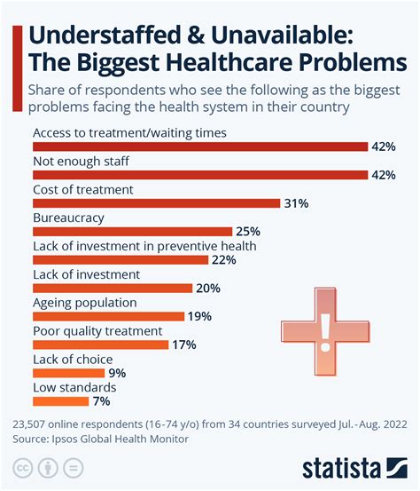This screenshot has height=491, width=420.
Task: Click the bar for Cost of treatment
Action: pyautogui.click(x=156, y=203)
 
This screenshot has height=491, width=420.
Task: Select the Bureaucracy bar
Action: pyautogui.click(x=132, y=232)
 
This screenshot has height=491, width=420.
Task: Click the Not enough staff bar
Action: pyautogui.click(x=200, y=175)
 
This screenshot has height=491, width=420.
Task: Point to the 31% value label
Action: pyautogui.click(x=296, y=203)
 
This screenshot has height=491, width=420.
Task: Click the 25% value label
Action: pyautogui.click(x=248, y=232)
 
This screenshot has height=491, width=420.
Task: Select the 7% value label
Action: pyautogui.click(x=101, y=401)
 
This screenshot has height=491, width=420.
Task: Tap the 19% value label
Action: pyautogui.click(x=199, y=316)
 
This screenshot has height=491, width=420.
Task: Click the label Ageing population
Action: pyautogui.click(x=85, y=302)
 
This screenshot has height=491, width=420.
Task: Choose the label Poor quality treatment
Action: pyautogui.click(x=97, y=330)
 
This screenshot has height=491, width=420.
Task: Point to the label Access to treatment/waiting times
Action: pyautogui.click(x=129, y=133)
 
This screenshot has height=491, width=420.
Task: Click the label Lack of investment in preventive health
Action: pyautogui.click(x=144, y=246)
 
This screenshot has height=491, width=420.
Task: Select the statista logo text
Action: pyautogui.click(x=340, y=468)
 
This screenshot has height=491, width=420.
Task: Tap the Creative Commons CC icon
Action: pyautogui.click(x=21, y=468)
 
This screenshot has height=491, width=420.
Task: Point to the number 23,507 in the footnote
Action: pyautogui.click(x=34, y=423)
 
